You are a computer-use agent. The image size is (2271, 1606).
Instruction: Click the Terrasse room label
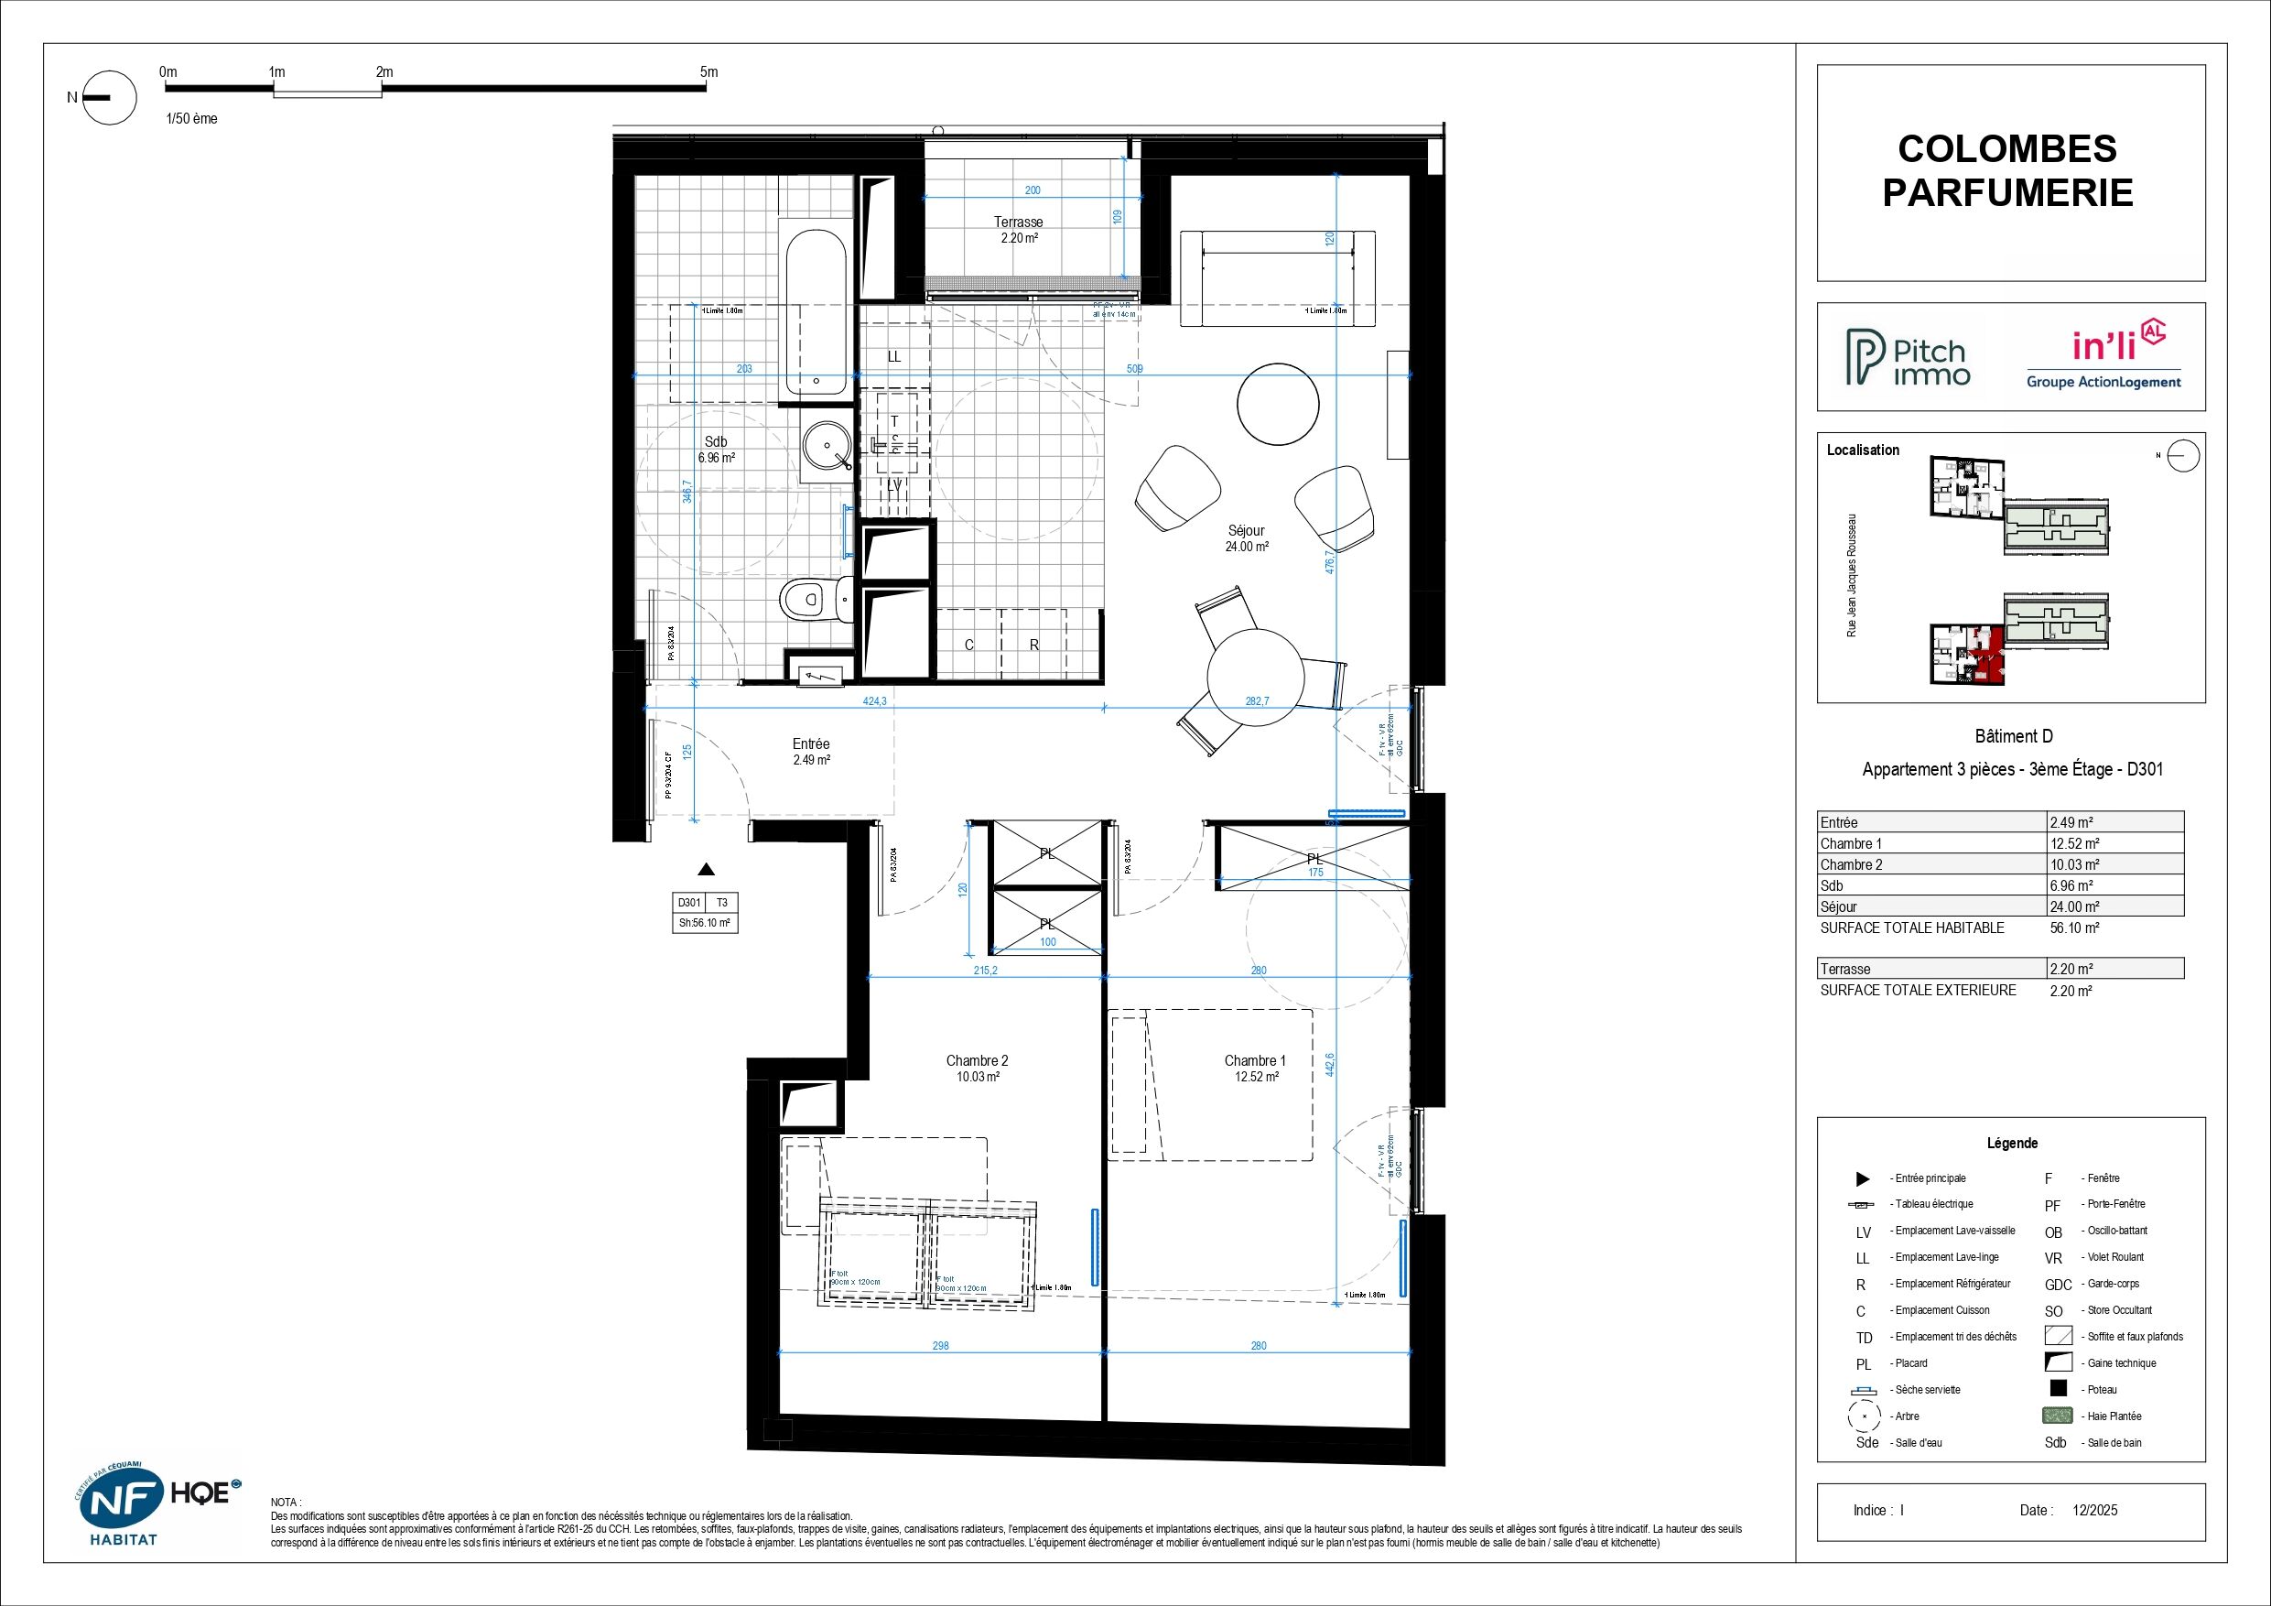coord(1018,229)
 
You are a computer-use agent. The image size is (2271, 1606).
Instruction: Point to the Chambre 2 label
coord(977,1068)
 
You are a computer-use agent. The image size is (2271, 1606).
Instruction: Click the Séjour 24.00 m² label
coord(1247,537)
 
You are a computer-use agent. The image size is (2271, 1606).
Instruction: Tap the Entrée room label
coord(810,751)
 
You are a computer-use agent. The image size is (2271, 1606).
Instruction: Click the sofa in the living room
coord(1277,279)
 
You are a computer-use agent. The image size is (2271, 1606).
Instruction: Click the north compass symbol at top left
coord(107,97)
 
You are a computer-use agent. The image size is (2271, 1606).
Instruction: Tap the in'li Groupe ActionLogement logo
coord(2103,359)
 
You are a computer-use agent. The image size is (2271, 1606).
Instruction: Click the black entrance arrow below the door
coord(705,870)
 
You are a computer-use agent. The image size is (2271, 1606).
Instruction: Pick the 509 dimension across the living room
coord(1134,368)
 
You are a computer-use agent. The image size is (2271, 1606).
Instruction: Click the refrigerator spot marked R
coord(1033,646)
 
